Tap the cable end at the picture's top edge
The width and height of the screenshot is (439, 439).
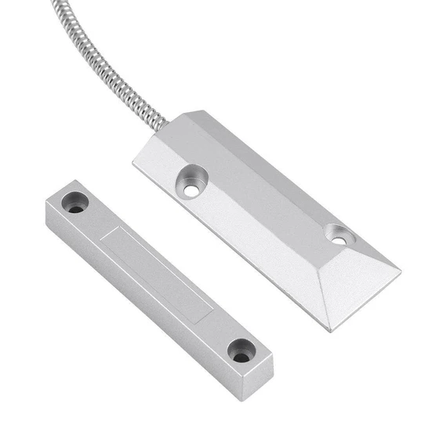[x=56, y=3]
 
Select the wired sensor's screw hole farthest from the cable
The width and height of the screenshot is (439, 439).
[x=339, y=234]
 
